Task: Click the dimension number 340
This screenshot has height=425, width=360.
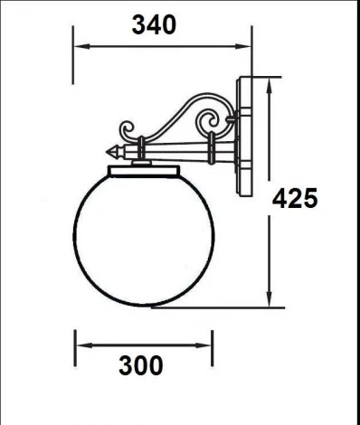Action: [154, 25]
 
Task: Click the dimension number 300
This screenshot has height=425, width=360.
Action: [141, 365]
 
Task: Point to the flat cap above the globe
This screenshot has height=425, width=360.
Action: [144, 170]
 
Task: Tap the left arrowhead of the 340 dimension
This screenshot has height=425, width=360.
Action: [77, 46]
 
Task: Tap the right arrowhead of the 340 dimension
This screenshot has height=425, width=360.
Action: [246, 46]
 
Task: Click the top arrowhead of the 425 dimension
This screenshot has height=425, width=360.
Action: [269, 84]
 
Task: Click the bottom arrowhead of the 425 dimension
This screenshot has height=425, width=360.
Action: [269, 305]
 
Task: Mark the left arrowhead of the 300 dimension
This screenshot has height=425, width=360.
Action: [79, 345]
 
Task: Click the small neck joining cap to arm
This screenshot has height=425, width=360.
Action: [142, 160]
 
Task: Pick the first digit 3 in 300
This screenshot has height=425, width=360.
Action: [127, 365]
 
